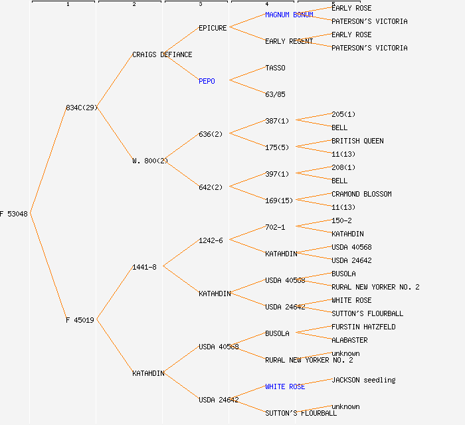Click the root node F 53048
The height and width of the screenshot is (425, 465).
(14, 214)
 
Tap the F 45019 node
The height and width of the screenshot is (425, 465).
(80, 320)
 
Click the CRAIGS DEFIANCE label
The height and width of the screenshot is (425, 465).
(162, 54)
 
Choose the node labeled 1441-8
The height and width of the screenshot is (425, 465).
(144, 267)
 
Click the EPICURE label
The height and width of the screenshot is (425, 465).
(213, 28)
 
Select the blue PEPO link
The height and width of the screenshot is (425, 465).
(207, 81)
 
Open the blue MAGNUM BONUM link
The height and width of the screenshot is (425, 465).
(289, 15)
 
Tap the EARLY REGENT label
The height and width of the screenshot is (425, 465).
(289, 41)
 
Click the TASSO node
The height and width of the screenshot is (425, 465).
(275, 68)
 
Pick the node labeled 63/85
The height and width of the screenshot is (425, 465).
(275, 94)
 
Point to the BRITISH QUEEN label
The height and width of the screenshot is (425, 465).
(357, 141)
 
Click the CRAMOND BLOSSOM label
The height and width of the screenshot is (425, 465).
(361, 194)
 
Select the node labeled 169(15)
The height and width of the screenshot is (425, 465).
(279, 201)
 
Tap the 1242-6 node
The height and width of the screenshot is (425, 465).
(211, 240)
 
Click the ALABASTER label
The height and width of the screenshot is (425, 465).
(349, 340)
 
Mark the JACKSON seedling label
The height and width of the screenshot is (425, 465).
(363, 380)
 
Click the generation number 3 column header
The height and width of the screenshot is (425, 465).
(200, 5)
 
